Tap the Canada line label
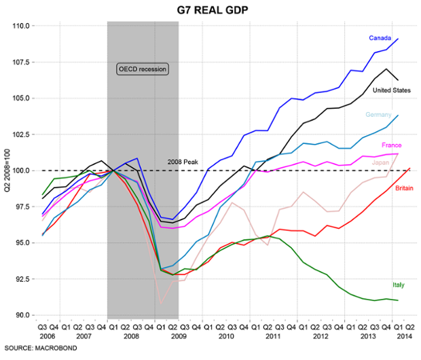coord(380,37)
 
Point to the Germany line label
coord(378,115)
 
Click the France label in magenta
coord(392,145)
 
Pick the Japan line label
coord(378,162)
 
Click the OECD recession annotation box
coord(142,69)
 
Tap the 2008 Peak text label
coord(183,162)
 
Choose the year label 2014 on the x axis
coord(402,336)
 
